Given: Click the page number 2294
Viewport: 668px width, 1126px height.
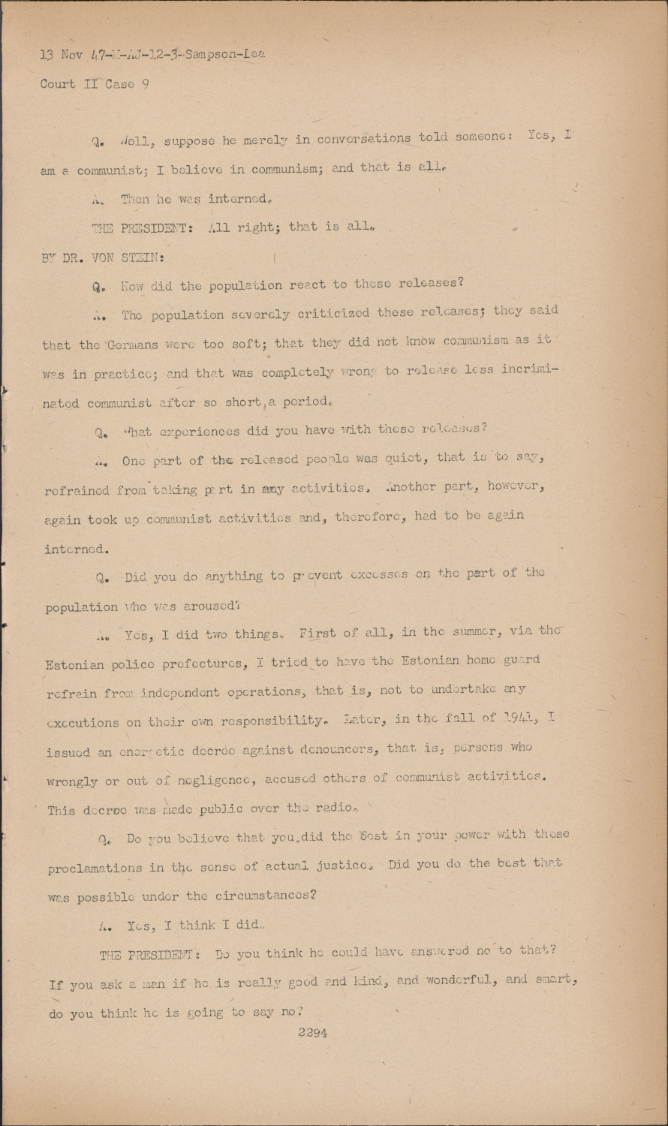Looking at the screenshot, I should [x=312, y=1032].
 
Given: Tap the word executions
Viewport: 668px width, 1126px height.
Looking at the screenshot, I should [x=83, y=723].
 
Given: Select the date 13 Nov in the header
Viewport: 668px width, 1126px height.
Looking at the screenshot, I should [x=59, y=54].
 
